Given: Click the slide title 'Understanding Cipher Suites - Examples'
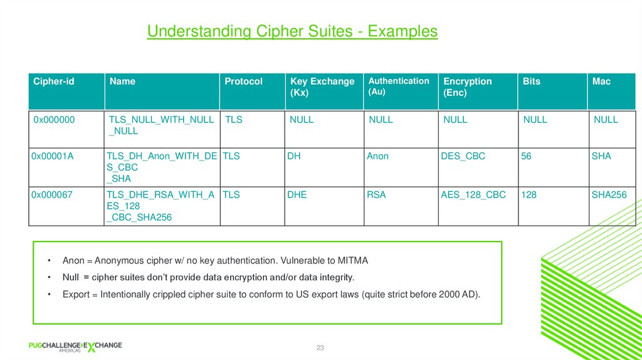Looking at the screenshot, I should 292,31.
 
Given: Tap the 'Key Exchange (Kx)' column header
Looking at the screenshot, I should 322,87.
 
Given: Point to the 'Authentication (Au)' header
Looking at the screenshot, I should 399,86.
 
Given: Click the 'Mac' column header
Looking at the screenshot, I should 601,82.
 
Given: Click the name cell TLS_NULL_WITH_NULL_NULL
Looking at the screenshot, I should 161,125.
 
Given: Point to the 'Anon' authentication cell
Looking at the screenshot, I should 377,156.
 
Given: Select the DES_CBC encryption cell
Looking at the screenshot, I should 463,156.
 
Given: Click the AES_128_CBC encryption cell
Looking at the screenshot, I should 473,195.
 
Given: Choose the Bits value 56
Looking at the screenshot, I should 526,156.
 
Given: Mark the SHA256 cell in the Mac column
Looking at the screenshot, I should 609,195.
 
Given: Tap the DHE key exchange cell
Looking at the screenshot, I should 297,195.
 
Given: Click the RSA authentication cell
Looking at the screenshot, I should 376,195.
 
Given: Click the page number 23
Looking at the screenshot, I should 320,347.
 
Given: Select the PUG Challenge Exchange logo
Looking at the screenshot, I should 75,347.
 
